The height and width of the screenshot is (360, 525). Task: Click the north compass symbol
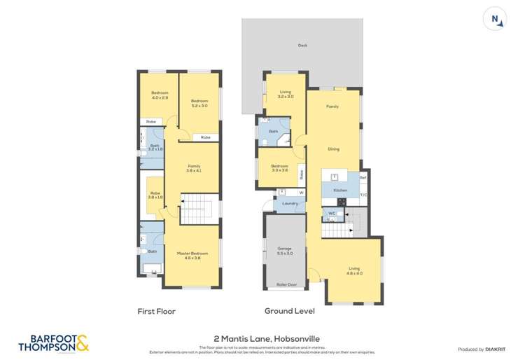pos(496,20)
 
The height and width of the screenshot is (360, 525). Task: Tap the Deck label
pos(302,46)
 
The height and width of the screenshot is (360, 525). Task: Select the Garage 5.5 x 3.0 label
pos(285,251)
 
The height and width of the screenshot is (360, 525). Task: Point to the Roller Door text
pos(285,284)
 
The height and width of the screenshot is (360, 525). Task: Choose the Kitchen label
pos(340,190)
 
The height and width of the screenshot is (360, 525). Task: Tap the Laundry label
pos(290,203)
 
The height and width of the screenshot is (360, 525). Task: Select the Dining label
pos(334,148)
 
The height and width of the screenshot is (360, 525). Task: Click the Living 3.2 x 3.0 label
pos(286,94)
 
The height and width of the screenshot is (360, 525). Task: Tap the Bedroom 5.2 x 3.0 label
pos(200,104)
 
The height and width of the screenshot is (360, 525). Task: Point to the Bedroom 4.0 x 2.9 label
pos(160,96)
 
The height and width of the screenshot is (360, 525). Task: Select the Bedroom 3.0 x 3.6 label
pos(280,168)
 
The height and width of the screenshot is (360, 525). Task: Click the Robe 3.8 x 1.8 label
pos(155,196)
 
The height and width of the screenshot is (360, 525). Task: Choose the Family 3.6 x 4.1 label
pos(193,168)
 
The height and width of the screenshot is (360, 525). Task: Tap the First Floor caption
pos(156,311)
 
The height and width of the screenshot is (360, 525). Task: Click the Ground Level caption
pos(289,311)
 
